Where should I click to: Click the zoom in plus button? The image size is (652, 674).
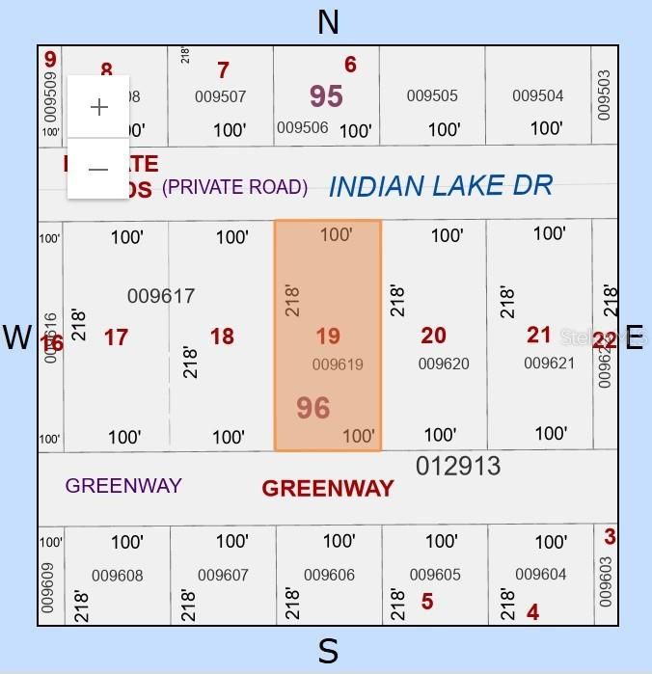(x=98, y=107)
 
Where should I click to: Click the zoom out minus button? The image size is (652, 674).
(x=98, y=169)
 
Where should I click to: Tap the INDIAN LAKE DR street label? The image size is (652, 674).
(x=440, y=185)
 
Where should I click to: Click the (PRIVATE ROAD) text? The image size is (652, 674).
(x=234, y=187)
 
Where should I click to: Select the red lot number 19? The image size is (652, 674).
(x=328, y=337)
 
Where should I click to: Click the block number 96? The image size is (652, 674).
(x=313, y=408)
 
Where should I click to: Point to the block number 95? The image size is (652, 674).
(x=326, y=95)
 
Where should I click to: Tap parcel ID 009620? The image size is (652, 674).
(x=444, y=364)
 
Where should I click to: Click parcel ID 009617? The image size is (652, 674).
(x=161, y=296)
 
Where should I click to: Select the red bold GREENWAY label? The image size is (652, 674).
(x=328, y=488)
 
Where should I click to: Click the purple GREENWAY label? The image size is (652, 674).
(x=123, y=485)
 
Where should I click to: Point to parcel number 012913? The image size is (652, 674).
(x=458, y=467)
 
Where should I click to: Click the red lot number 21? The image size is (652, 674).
(x=539, y=335)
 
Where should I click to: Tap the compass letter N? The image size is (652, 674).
(x=328, y=21)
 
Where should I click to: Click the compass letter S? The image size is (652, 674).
(x=328, y=652)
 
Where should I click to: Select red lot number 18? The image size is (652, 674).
(x=222, y=337)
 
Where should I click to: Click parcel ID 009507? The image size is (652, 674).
(x=220, y=96)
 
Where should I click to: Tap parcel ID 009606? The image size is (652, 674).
(x=329, y=575)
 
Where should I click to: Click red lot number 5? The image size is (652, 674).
(x=426, y=602)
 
